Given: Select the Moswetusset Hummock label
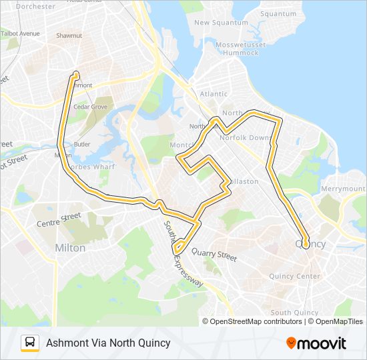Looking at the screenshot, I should (x=241, y=48).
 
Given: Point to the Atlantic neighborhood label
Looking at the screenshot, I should (x=214, y=94).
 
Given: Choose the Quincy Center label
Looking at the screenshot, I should (x=295, y=276).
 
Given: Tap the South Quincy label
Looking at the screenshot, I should (x=294, y=313).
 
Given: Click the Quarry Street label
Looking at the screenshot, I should (x=214, y=254).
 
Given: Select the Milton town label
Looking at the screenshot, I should (x=70, y=248).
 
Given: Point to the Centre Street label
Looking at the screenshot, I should (x=59, y=220).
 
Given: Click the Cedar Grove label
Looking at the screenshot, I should (x=90, y=106).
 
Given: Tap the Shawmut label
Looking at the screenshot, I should (x=69, y=35).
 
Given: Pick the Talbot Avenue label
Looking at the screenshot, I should (x=20, y=33).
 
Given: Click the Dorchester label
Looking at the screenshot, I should (x=35, y=6).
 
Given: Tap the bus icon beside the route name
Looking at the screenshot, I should (x=30, y=343).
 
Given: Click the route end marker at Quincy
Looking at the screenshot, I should (x=306, y=244).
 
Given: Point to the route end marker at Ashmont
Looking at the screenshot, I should (x=76, y=75).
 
